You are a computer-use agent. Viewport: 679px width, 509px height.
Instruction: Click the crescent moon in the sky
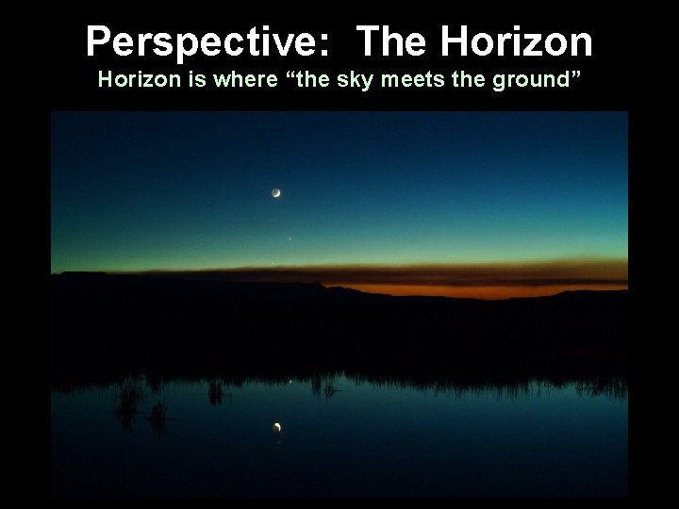276,192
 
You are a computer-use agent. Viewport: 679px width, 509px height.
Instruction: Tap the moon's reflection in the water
277,429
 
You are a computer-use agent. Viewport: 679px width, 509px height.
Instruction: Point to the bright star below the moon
290,238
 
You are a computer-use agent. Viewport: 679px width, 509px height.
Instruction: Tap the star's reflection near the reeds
290,382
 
